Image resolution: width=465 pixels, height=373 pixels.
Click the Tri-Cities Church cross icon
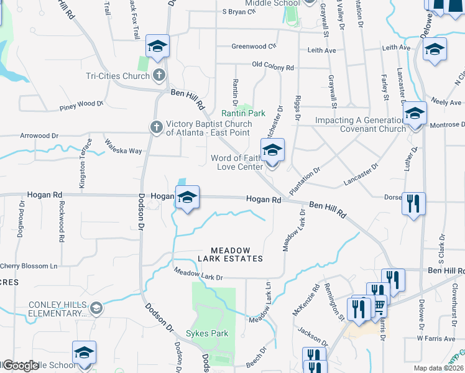click(159, 76)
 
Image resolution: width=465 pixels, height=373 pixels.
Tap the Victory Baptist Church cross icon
click(156, 127)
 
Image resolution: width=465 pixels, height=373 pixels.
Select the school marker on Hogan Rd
click(187, 198)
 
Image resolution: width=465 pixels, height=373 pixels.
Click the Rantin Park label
click(244, 113)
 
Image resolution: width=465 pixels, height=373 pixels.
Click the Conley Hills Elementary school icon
click(96, 308)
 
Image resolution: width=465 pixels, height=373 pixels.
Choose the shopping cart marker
click(377, 306)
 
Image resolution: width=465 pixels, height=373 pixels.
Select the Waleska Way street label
click(123, 147)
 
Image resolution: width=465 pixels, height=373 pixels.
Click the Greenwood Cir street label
click(254, 46)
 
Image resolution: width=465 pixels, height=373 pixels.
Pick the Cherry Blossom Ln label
click(29, 266)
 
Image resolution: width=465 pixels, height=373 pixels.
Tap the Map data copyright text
click(438, 368)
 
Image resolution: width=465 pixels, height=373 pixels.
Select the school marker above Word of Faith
click(272, 150)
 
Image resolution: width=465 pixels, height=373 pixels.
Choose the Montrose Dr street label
click(444, 125)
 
